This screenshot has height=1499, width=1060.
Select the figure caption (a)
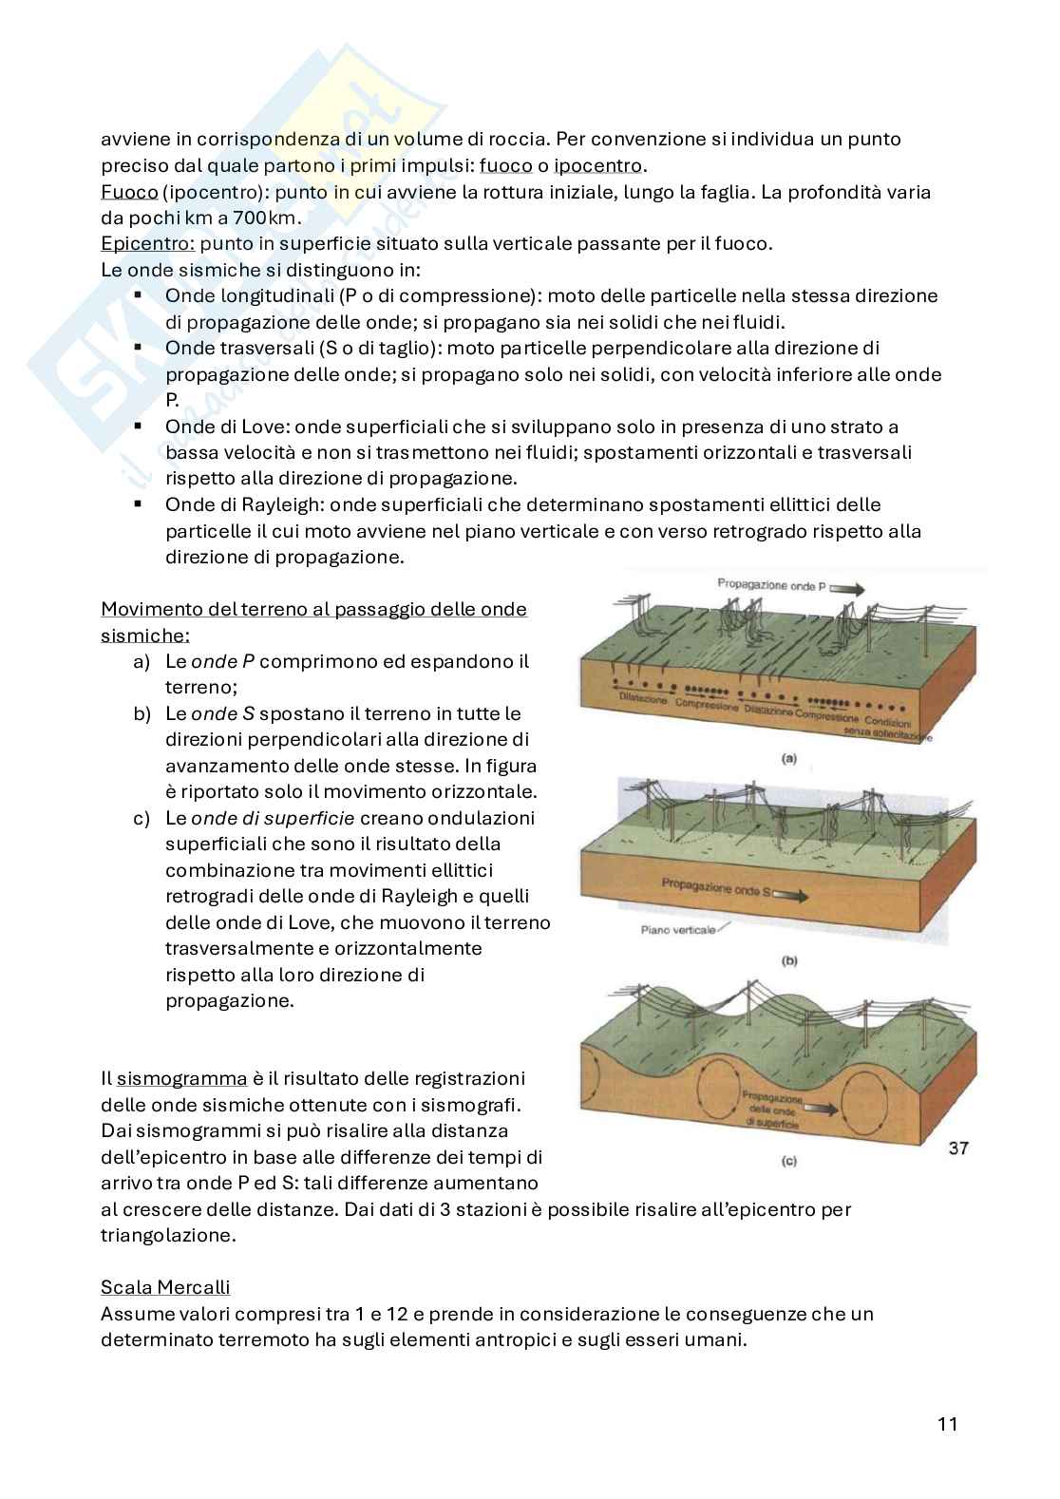coord(787,758)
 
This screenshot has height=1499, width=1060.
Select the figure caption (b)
coord(788,960)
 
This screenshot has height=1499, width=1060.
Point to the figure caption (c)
coord(787,1160)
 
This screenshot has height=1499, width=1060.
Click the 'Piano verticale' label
coord(678,929)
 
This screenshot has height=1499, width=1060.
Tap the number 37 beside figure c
coord(957,1148)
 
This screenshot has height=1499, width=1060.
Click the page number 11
coord(946,1424)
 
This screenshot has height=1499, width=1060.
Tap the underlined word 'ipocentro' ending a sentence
coord(597,165)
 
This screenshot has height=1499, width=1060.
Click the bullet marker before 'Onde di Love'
coord(139,427)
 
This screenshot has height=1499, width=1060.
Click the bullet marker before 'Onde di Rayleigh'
coord(139,504)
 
